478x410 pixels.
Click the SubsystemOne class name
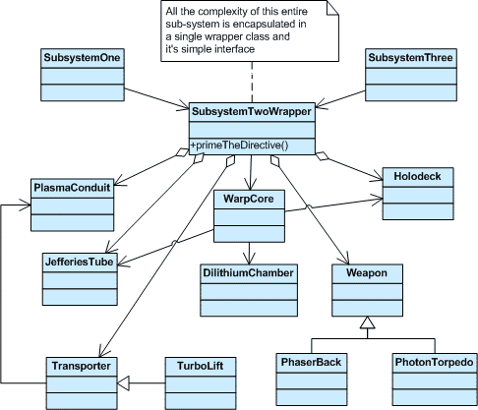coord(82,58)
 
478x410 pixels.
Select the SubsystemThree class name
coord(404,58)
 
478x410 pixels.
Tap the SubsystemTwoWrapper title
coord(251,112)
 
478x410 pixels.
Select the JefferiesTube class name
coord(79,263)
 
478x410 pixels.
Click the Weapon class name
coord(368,271)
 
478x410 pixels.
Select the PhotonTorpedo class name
coord(434,363)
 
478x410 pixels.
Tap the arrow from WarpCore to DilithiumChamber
coord(250,251)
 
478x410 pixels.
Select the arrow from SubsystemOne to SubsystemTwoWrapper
coord(148,90)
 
